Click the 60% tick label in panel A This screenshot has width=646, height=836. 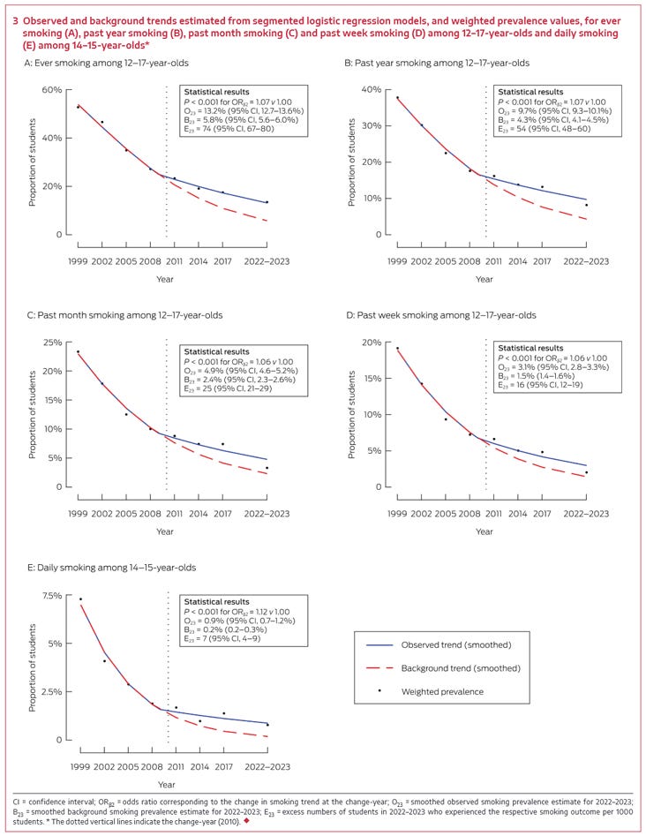pyautogui.click(x=49, y=90)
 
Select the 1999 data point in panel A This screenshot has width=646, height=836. pyautogui.click(x=79, y=107)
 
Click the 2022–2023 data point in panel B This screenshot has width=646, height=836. pyautogui.click(x=586, y=205)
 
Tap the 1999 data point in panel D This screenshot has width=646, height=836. pyautogui.click(x=397, y=348)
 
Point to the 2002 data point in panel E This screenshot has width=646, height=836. pyautogui.click(x=104, y=660)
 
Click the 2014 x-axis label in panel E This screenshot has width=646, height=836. pyautogui.click(x=199, y=766)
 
